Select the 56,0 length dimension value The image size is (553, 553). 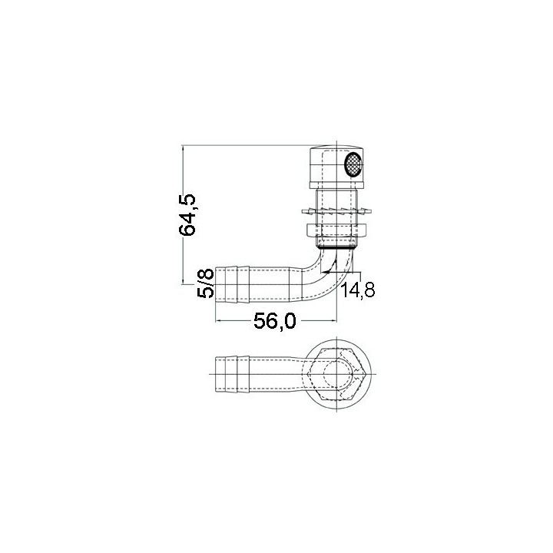click(x=275, y=323)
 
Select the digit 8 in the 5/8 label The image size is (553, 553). click(x=205, y=274)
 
